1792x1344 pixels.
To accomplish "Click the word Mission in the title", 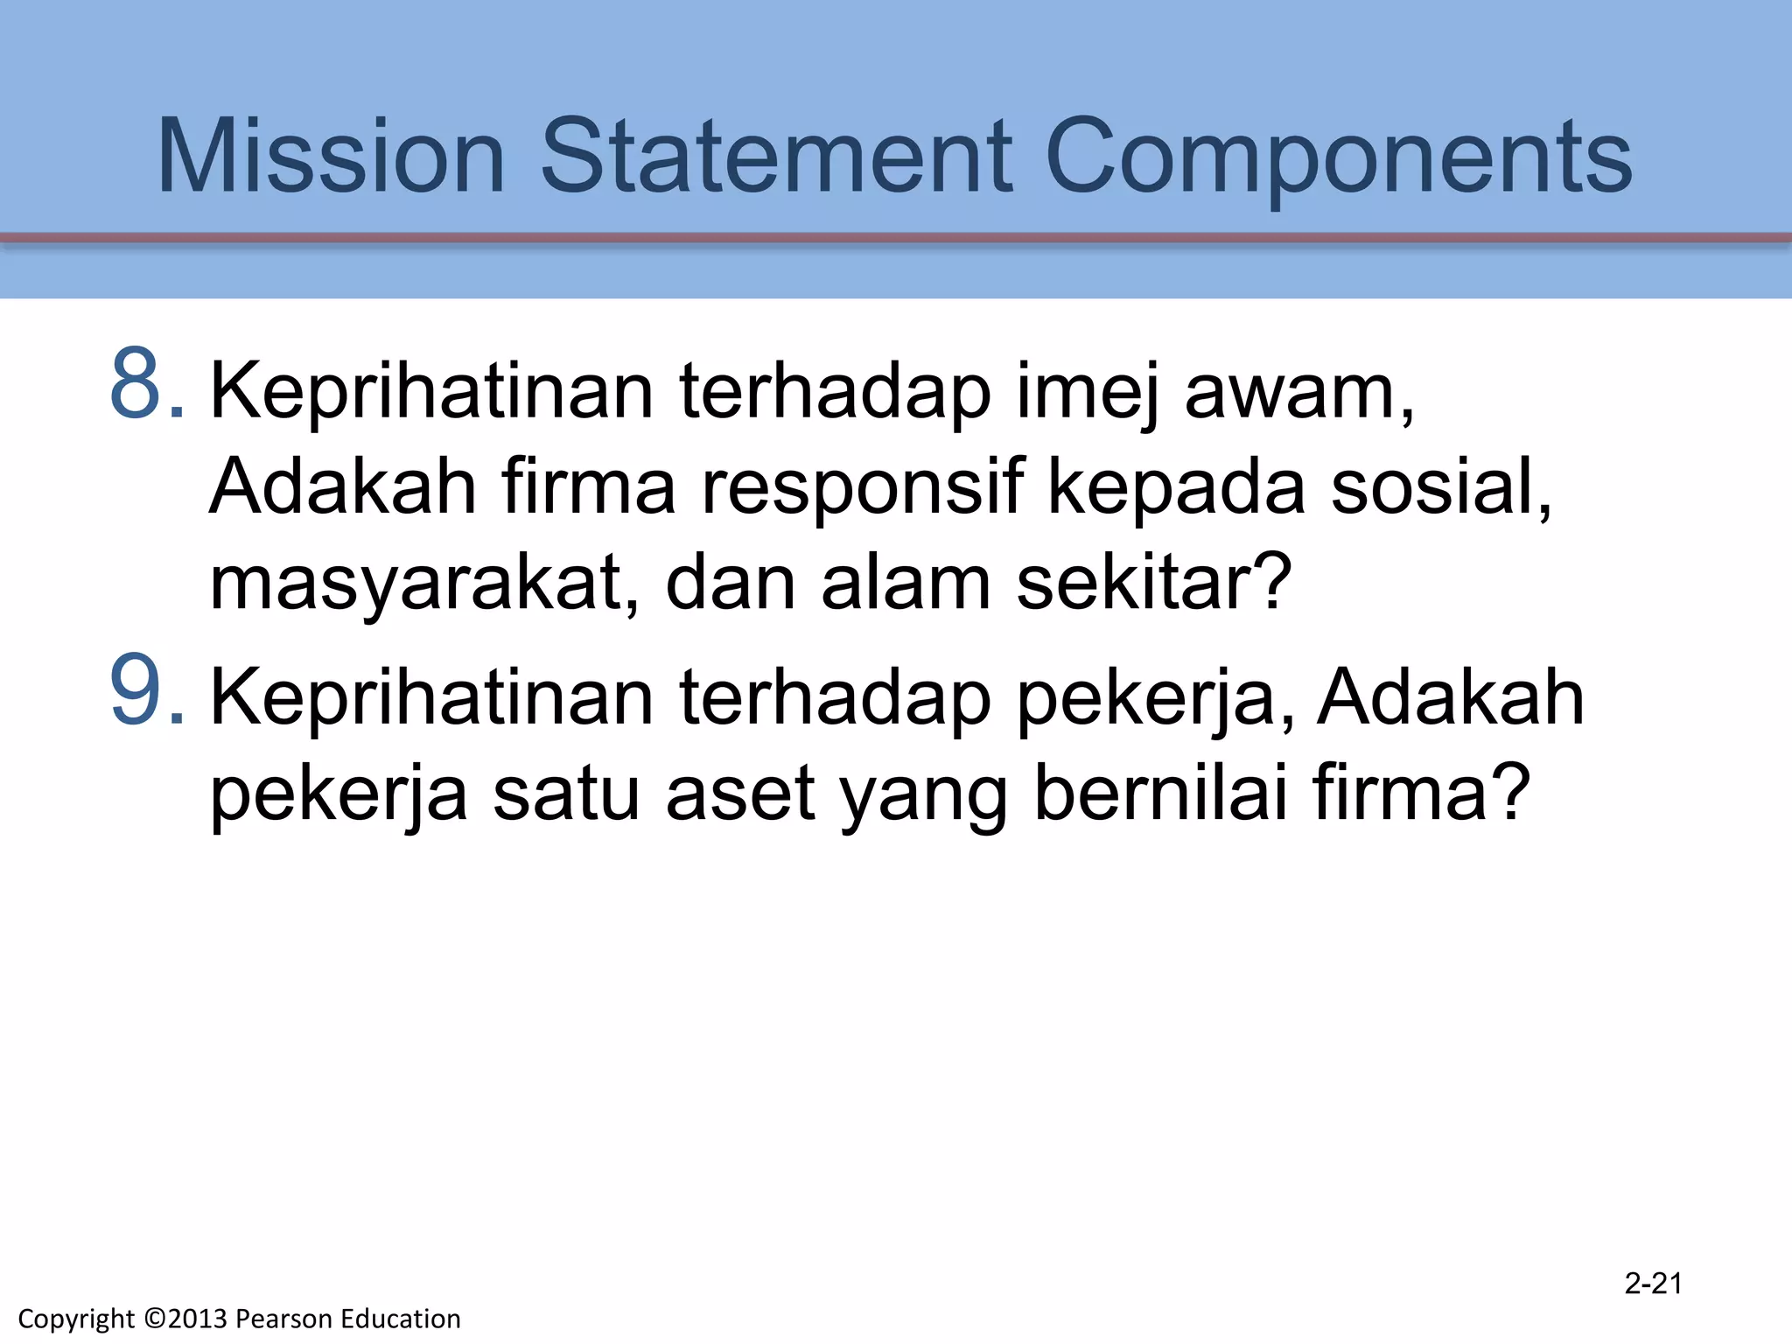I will (x=331, y=157).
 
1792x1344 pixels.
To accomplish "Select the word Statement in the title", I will (x=776, y=157).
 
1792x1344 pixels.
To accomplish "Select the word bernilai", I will (x=1160, y=793).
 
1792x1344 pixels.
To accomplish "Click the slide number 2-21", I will (x=1653, y=1284).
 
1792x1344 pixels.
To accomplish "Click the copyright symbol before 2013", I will (x=155, y=1319).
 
